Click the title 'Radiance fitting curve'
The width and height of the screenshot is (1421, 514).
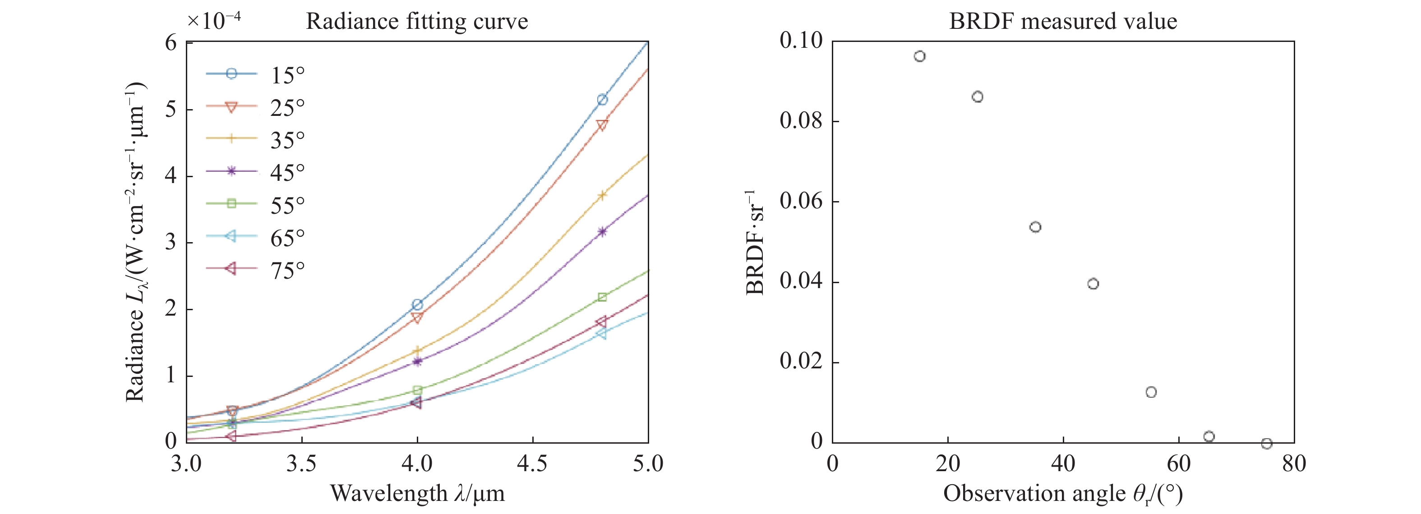[x=417, y=22]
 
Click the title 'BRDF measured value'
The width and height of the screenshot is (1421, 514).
[x=1062, y=22]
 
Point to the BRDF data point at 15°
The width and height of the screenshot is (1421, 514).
[x=919, y=56]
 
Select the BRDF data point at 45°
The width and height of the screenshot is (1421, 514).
[x=1093, y=284]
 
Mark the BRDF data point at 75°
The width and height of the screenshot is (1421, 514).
[x=1267, y=443]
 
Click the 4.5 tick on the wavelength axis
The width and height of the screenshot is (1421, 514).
[x=532, y=463]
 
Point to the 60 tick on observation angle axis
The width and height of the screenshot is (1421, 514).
[x=1178, y=463]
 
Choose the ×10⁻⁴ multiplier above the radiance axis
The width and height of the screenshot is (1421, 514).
[x=213, y=20]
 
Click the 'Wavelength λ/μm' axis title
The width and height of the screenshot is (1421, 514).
[x=417, y=493]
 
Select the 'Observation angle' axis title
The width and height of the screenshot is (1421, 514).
[x=1062, y=493]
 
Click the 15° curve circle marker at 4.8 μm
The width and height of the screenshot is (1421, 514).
[x=602, y=100]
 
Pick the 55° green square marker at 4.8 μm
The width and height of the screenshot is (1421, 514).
[x=602, y=297]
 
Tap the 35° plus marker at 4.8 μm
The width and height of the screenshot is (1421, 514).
[x=602, y=195]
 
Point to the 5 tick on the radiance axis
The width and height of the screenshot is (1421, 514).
[x=171, y=109]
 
